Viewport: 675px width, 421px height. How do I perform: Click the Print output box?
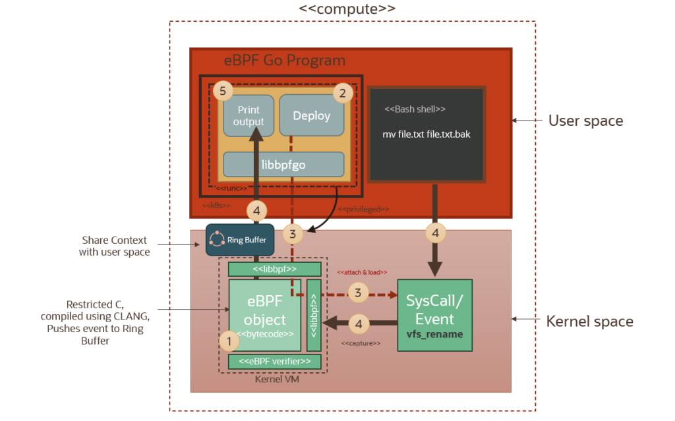[248, 115]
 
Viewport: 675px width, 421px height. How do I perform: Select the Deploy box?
[311, 116]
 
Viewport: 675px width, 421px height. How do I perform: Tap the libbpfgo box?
[283, 165]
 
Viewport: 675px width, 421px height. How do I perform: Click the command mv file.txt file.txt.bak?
[426, 134]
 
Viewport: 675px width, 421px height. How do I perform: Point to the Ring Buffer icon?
[217, 239]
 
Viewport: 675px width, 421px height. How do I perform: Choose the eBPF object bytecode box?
[265, 315]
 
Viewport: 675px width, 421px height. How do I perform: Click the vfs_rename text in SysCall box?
[434, 334]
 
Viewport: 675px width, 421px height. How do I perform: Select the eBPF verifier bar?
[274, 361]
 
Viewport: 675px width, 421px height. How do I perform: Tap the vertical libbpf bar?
[314, 315]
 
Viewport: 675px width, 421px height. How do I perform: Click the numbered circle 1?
[229, 341]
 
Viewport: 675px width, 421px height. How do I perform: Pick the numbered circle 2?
[341, 93]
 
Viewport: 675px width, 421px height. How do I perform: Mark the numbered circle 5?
[223, 90]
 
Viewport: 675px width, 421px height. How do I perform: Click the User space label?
[585, 121]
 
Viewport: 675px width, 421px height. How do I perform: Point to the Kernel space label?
[589, 322]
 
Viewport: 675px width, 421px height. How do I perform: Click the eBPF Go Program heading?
[284, 61]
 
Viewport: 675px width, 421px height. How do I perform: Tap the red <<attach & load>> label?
[362, 272]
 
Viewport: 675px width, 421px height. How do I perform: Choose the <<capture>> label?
[361, 343]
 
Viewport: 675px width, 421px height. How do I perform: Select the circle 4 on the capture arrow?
[358, 323]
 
